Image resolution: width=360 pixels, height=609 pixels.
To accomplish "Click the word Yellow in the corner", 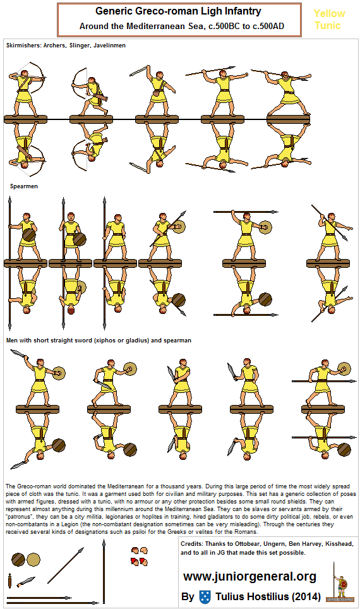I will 330,13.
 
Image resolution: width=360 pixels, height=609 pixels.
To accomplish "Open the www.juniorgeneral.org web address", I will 249,576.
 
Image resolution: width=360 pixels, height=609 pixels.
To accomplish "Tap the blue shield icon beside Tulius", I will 204,596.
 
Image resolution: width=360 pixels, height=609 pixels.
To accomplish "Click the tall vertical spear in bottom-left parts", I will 104,572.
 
